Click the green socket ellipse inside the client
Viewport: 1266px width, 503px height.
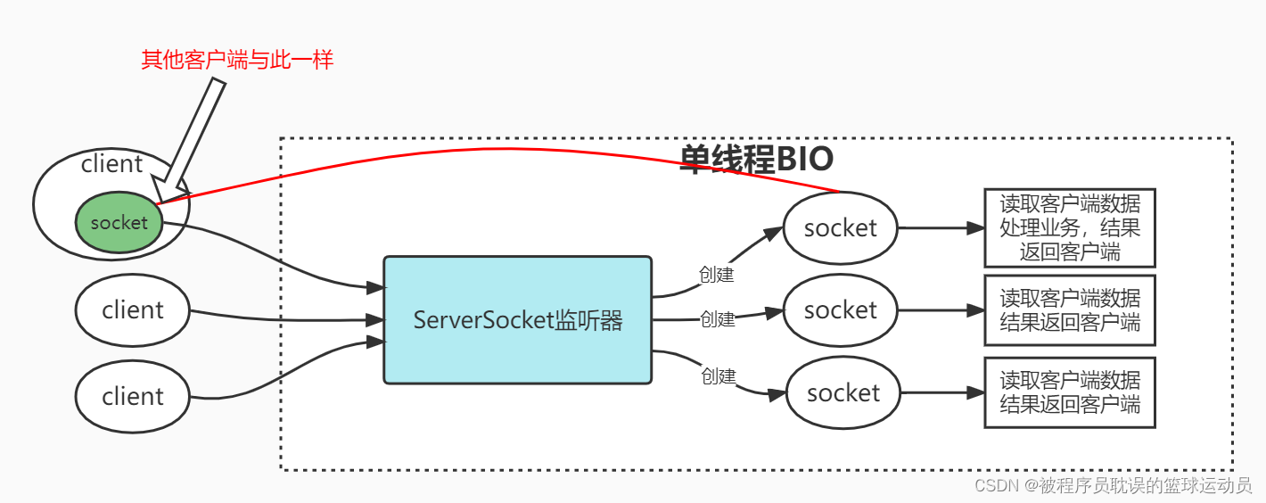coord(119,222)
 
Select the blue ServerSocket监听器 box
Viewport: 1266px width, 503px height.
coord(518,320)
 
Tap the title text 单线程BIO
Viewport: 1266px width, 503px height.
coord(756,160)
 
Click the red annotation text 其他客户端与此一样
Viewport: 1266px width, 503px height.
coord(237,61)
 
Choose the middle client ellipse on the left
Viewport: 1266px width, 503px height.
coord(133,310)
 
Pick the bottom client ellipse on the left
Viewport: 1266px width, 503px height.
coord(133,397)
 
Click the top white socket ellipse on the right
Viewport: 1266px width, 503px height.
coord(840,228)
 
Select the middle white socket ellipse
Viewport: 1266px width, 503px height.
coord(840,310)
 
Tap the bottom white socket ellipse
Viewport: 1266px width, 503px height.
coord(843,393)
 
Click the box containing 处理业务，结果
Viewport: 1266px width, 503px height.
coord(1069,227)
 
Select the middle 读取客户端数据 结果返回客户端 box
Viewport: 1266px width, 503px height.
coord(1069,310)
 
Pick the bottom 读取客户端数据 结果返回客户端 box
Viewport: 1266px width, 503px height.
coord(1069,392)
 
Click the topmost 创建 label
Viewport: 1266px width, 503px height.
coord(716,275)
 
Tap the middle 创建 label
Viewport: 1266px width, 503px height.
coord(718,318)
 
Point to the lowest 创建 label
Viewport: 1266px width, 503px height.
coord(719,376)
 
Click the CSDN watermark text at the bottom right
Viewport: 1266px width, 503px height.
coord(1113,485)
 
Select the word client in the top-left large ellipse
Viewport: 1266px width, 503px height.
coord(111,164)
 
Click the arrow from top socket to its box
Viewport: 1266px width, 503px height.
coord(941,228)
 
